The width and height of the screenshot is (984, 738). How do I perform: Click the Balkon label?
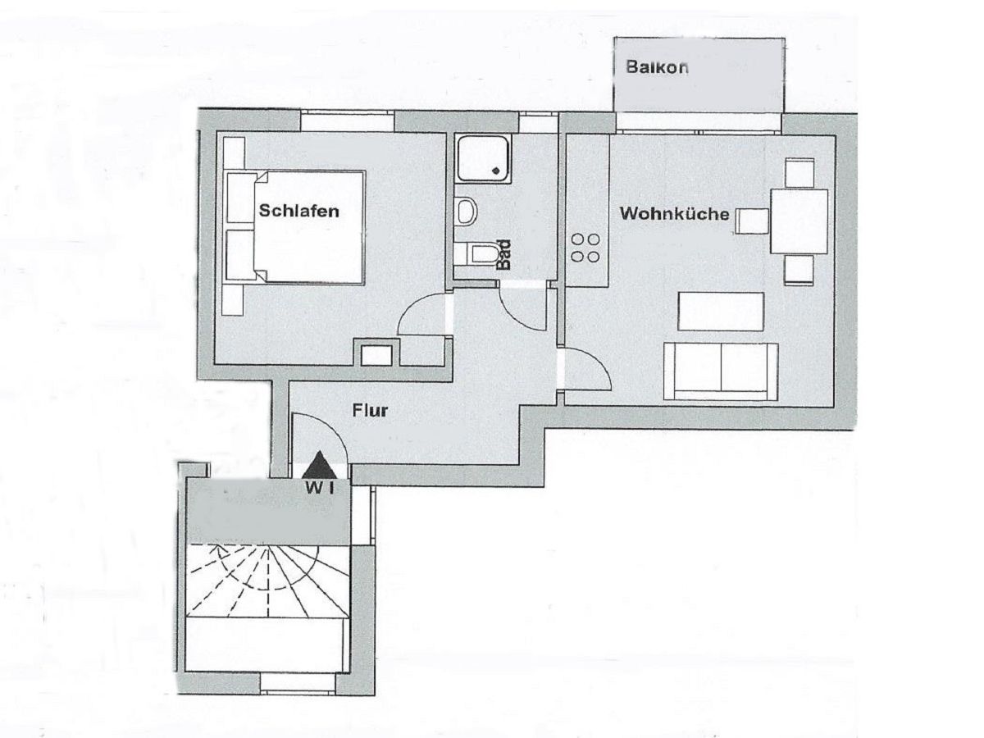click(657, 68)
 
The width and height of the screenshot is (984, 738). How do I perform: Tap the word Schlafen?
click(298, 212)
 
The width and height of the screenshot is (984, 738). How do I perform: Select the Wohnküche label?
click(674, 214)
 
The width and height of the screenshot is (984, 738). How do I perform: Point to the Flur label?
click(370, 410)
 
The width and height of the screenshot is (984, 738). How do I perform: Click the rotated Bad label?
click(505, 254)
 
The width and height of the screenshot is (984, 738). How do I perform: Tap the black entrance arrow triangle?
click(320, 466)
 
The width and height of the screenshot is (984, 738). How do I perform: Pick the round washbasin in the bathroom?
click(467, 211)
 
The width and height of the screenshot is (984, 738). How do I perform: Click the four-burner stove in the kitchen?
click(586, 248)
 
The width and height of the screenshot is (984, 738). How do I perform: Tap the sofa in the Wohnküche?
click(721, 371)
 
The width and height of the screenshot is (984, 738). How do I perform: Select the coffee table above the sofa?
click(721, 311)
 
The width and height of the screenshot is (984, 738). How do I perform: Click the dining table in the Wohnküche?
click(799, 221)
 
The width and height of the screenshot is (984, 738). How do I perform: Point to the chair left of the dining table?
click(752, 221)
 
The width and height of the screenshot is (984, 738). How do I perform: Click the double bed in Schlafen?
click(307, 227)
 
